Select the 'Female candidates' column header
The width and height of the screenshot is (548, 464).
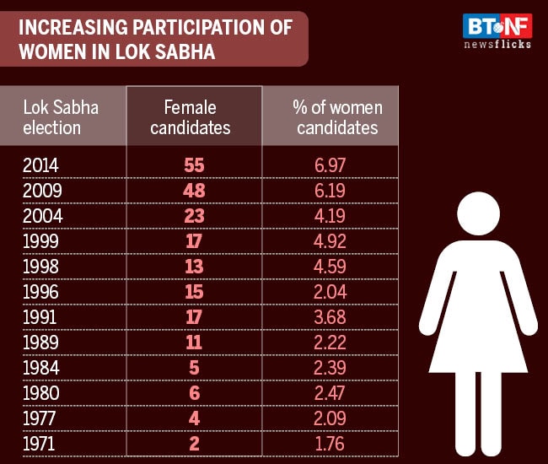[195, 118]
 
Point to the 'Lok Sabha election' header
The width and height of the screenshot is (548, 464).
[61, 118]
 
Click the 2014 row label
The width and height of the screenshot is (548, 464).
[42, 165]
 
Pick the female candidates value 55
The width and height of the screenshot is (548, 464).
[195, 165]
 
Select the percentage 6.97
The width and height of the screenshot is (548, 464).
[330, 165]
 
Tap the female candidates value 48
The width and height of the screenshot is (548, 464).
[195, 191]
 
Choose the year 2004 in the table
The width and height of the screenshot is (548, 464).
[42, 215]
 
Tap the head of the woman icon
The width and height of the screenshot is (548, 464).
[479, 215]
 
